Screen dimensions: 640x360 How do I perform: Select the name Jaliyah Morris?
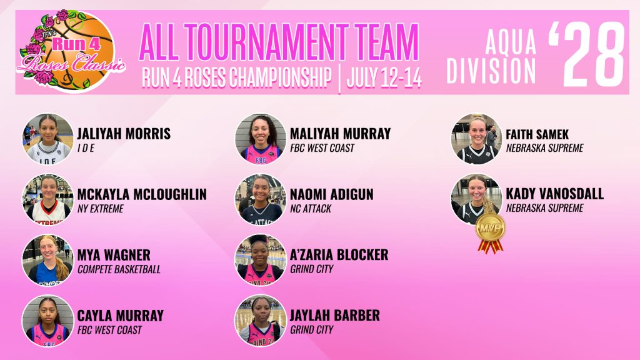(x=124, y=134)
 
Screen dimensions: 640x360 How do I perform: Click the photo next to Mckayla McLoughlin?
(x=47, y=199)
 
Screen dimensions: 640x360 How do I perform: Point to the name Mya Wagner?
(x=114, y=255)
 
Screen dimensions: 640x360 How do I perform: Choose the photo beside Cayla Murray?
(x=47, y=321)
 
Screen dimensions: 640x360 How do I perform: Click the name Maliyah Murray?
(x=341, y=134)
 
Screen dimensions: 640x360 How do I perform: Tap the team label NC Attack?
(x=311, y=209)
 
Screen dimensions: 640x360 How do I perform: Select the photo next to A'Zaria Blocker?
(x=261, y=259)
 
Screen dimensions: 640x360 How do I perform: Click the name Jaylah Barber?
(x=335, y=316)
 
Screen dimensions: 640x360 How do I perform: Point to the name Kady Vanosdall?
(x=555, y=194)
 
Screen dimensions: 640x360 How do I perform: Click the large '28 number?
(x=587, y=54)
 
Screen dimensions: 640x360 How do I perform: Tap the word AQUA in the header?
(x=511, y=42)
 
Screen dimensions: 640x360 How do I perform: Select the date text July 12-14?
(x=384, y=77)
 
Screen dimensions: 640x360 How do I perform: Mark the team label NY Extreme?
(x=101, y=209)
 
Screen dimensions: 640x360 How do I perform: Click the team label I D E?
(x=86, y=148)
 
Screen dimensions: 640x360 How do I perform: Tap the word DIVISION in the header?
(x=491, y=72)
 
